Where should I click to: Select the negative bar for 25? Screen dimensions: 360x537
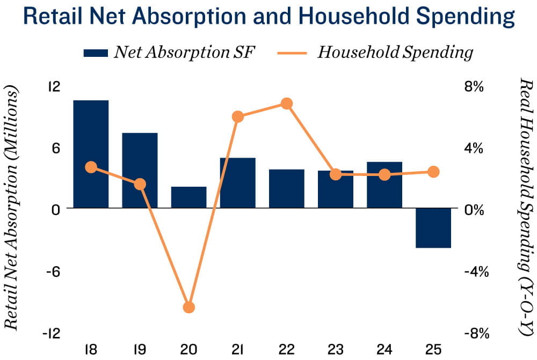433,228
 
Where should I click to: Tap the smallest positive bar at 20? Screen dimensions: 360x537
188,197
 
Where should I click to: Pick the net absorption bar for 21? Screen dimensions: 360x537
237,183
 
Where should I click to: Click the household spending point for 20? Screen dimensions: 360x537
188,307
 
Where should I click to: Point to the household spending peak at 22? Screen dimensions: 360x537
287,104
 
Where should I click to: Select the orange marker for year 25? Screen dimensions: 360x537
433,172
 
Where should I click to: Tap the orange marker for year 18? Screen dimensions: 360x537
91,167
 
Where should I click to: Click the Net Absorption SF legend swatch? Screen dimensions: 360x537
96,53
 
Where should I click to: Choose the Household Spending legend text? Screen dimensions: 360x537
395,52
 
